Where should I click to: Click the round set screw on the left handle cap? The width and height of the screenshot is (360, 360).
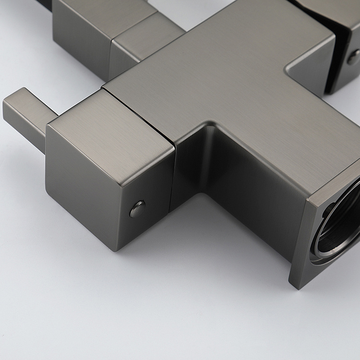point(138,208)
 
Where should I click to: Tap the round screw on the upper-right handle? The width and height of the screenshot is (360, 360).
point(354,57)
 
